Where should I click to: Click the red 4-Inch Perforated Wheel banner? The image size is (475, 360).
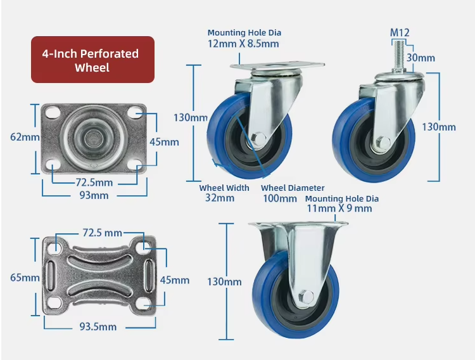pyautogui.click(x=92, y=60)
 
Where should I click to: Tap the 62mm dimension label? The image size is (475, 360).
pyautogui.click(x=25, y=137)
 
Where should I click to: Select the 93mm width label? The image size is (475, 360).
pyautogui.click(x=94, y=195)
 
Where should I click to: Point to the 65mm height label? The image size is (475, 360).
pyautogui.click(x=25, y=278)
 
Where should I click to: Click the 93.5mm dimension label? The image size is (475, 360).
pyautogui.click(x=98, y=326)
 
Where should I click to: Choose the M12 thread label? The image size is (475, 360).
pyautogui.click(x=400, y=32)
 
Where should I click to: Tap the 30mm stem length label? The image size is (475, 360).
pyautogui.click(x=421, y=58)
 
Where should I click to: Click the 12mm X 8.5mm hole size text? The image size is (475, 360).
pyautogui.click(x=243, y=44)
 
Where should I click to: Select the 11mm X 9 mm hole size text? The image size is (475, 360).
pyautogui.click(x=339, y=209)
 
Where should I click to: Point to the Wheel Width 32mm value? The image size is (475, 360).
pyautogui.click(x=220, y=198)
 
